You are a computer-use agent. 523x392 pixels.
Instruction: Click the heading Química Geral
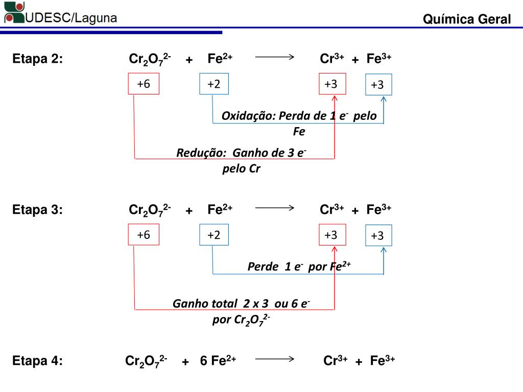[x=466, y=19]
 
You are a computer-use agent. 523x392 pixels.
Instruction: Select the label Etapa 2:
[x=38, y=59]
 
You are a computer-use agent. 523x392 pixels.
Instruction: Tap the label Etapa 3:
[x=38, y=210]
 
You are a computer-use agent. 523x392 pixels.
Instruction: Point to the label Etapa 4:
[x=38, y=361]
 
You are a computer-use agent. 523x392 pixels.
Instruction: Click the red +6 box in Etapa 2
[x=143, y=84]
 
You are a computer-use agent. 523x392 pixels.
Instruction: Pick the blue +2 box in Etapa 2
[x=213, y=84]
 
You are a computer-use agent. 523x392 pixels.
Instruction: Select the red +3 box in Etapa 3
[x=331, y=235]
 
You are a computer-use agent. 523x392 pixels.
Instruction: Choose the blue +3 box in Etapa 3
[x=377, y=235]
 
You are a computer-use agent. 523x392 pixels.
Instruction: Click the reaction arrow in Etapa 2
[x=275, y=57]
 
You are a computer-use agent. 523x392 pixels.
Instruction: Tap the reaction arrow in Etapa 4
[x=275, y=359]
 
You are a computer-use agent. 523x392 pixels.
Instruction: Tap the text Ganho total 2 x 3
[x=221, y=304]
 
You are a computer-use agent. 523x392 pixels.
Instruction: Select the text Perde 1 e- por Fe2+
[x=299, y=266]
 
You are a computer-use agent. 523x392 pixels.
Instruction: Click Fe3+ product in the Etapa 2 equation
[x=378, y=59]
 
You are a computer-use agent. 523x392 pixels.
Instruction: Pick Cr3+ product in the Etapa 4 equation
[x=336, y=361]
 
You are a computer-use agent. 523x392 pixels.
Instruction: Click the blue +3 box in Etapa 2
[x=377, y=85]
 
